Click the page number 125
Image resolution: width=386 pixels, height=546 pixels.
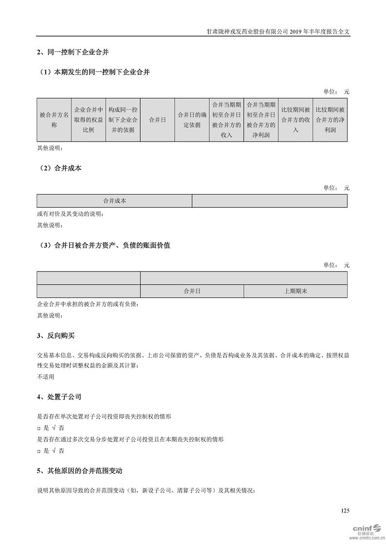coord(345,510)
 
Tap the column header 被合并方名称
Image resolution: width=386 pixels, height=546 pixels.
coord(54,120)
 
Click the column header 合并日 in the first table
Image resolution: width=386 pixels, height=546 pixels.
coord(157,120)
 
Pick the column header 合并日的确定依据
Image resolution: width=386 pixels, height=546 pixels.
coord(191,120)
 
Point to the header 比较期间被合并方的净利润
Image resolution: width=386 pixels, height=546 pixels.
coord(330,120)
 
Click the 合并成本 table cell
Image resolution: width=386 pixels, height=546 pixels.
coord(114,200)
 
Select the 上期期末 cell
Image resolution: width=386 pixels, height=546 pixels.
coord(295,291)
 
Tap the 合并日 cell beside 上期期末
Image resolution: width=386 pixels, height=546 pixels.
coord(192,291)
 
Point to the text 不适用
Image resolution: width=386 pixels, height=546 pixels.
coord(46,376)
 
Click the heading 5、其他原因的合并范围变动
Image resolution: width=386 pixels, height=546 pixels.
coord(79,471)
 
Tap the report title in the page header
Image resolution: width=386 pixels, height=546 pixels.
coord(278,31)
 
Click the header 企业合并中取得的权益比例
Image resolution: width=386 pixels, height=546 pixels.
coord(88,120)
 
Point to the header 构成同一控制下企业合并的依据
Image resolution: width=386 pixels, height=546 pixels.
coord(123,120)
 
